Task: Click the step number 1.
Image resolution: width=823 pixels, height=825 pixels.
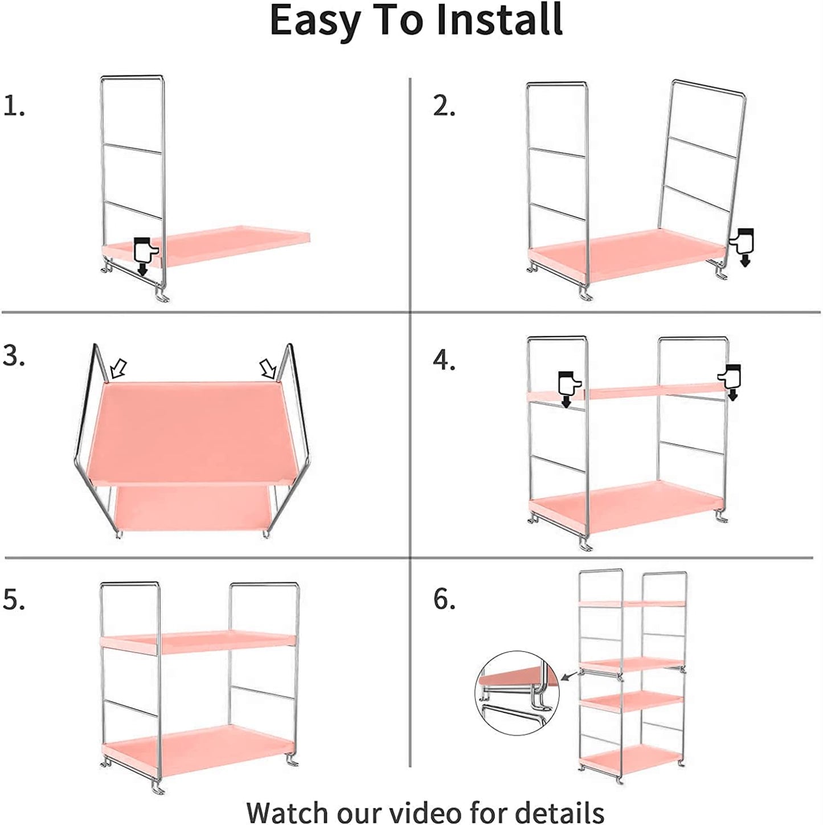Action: (x=14, y=105)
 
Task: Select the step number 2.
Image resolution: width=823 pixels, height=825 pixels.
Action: (x=444, y=105)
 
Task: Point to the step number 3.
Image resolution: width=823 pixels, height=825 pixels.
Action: (x=14, y=355)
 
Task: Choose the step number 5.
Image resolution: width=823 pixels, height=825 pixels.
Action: (x=14, y=598)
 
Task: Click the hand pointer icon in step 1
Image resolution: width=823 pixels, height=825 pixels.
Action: (x=145, y=256)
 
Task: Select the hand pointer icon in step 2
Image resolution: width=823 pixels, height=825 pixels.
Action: (x=742, y=247)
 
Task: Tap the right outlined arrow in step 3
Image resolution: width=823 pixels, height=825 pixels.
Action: (x=268, y=367)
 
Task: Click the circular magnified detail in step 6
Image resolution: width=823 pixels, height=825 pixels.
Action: (x=517, y=693)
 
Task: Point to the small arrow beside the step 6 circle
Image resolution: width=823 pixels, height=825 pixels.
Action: (x=569, y=676)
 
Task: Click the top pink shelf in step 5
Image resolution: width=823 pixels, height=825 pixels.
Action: (x=198, y=642)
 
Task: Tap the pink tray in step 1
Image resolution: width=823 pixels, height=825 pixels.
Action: (x=206, y=246)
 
